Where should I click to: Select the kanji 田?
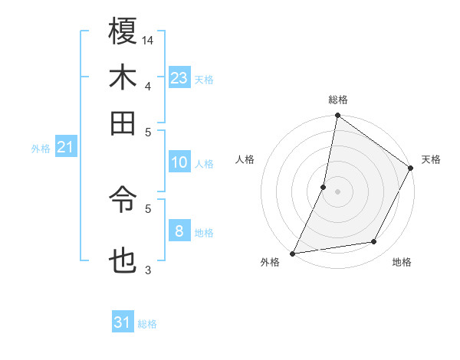click(x=123, y=123)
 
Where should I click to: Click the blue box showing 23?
click(x=179, y=78)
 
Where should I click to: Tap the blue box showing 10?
click(x=179, y=162)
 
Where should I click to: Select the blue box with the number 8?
click(x=179, y=231)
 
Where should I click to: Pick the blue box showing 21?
click(x=65, y=148)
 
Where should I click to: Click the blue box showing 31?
click(x=123, y=322)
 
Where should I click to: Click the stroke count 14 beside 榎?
click(x=149, y=40)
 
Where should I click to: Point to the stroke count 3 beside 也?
click(x=148, y=270)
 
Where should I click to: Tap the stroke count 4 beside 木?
click(x=148, y=85)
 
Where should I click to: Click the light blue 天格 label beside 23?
click(x=204, y=80)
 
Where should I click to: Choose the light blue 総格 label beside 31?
click(x=147, y=324)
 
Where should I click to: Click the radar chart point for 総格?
click(x=337, y=116)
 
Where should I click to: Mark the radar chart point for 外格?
click(x=293, y=253)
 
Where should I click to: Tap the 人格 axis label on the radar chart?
click(x=245, y=159)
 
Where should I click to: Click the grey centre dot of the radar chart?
click(x=337, y=191)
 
